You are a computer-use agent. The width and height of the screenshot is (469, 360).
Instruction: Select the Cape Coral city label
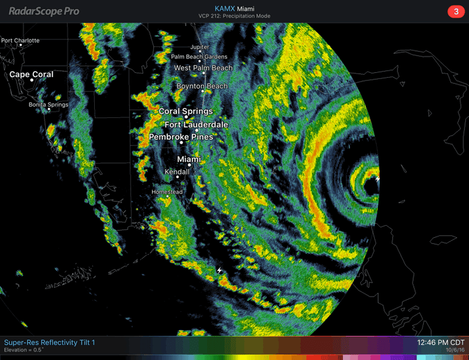pyautogui.click(x=31, y=74)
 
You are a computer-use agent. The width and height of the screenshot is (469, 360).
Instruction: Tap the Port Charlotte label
pyautogui.click(x=20, y=41)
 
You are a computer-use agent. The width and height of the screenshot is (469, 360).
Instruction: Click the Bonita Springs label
pyautogui.click(x=48, y=105)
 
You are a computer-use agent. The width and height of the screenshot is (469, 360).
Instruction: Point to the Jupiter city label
pyautogui.click(x=200, y=47)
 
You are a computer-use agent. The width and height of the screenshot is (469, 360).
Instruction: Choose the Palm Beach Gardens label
pyautogui.click(x=198, y=57)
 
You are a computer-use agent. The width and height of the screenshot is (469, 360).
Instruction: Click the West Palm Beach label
pyautogui.click(x=203, y=68)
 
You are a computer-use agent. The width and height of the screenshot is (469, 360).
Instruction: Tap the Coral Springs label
pyautogui.click(x=186, y=112)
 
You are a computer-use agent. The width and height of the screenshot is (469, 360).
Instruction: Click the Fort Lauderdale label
pyautogui.click(x=197, y=125)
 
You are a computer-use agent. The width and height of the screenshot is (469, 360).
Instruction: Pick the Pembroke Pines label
pyautogui.click(x=181, y=137)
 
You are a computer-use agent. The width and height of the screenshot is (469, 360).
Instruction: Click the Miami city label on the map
pyautogui.click(x=189, y=159)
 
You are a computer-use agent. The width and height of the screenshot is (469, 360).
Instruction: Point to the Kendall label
pyautogui.click(x=176, y=172)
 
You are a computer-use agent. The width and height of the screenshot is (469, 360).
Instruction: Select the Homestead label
pyautogui.click(x=167, y=191)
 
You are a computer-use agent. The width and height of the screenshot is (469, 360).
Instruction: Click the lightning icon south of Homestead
pyautogui.click(x=220, y=270)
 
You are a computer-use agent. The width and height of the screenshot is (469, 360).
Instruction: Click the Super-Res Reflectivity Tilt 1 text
pyautogui.click(x=50, y=342)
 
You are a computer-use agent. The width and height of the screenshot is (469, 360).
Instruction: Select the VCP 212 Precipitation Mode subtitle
pyautogui.click(x=234, y=16)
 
